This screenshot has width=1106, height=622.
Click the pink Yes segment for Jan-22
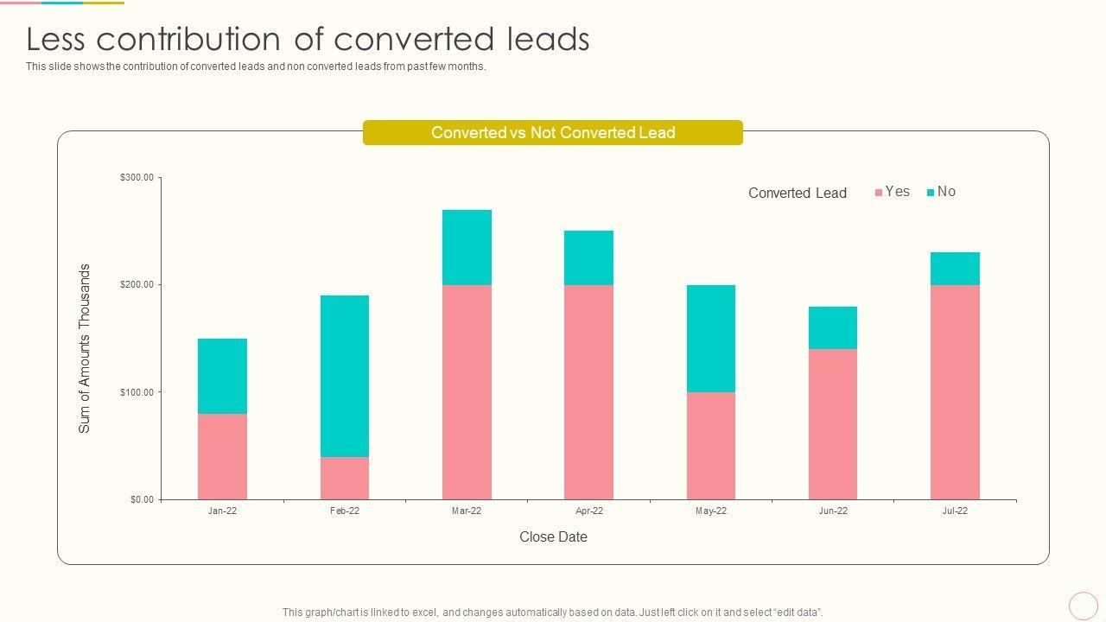point(222,456)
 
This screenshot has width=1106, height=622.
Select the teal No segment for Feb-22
point(344,376)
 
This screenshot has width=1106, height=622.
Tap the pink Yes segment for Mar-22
point(467,392)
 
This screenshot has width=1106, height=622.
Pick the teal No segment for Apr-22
point(588,257)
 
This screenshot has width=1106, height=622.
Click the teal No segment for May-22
point(711,339)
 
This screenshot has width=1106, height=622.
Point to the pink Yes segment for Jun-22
point(833,424)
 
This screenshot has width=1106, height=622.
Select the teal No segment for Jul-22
point(955,269)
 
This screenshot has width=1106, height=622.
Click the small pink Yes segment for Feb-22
point(344,478)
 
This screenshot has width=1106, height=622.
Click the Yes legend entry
point(893,192)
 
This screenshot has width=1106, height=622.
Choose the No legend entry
point(942,192)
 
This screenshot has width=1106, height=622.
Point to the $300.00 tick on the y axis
point(137,178)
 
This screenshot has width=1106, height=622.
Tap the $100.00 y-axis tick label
point(137,392)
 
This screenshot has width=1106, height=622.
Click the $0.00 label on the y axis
point(142,499)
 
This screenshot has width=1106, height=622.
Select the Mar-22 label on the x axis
point(467,511)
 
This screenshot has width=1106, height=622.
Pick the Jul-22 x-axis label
point(955,511)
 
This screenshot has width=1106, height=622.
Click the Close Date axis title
point(553,537)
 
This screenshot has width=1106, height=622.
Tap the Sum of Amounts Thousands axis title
point(85,348)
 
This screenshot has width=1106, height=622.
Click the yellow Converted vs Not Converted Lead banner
point(553,133)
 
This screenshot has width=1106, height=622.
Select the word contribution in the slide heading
point(211,40)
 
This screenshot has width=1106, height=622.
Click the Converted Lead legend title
point(797,194)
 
